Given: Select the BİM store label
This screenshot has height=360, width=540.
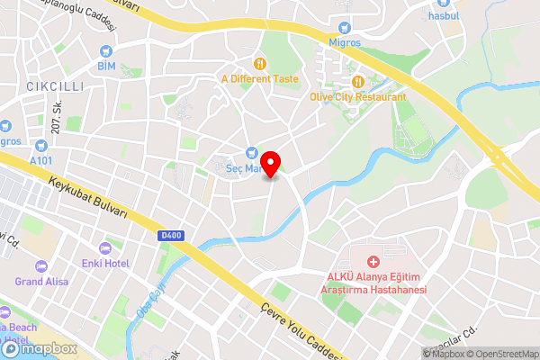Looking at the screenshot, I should (x=106, y=66).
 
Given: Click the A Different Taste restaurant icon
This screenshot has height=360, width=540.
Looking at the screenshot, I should (x=259, y=63).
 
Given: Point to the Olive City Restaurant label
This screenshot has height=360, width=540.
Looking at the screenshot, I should (x=356, y=96).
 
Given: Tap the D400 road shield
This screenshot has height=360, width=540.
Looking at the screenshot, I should (x=171, y=236).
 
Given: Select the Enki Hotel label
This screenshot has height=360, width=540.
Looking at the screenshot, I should (x=106, y=262).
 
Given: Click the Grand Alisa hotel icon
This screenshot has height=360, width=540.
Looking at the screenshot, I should (x=40, y=265).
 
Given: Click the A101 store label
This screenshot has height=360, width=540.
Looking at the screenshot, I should (x=40, y=159).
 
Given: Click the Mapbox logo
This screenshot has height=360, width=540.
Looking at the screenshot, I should (x=37, y=348).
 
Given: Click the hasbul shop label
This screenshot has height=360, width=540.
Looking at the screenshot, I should (x=445, y=15).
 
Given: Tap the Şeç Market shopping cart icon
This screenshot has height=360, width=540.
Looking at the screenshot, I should (x=252, y=152).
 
